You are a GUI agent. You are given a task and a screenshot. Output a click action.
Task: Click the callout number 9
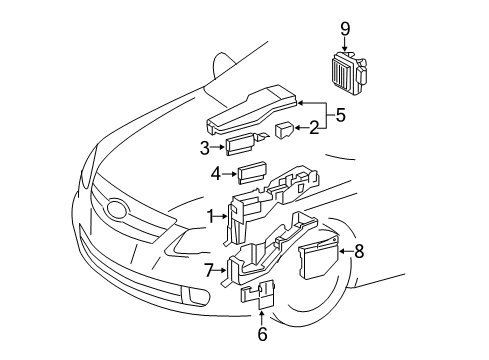pyautogui.click(x=345, y=28)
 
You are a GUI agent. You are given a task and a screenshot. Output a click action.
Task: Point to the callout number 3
pyautogui.click(x=203, y=146)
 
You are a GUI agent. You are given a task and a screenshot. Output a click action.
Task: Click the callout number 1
pyautogui.click(x=211, y=214)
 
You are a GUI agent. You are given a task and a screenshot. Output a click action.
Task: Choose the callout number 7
pyautogui.click(x=209, y=269)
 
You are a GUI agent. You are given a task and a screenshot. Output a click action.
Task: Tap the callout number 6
pyautogui.click(x=263, y=334)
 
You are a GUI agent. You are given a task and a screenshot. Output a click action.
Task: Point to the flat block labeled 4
pyautogui.click(x=252, y=171)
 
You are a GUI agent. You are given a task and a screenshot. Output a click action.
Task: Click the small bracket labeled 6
pyautogui.click(x=258, y=295)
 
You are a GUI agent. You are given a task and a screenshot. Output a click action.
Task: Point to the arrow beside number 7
pyautogui.click(x=223, y=269)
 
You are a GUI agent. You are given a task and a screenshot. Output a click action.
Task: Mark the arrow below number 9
pyautogui.click(x=345, y=43)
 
